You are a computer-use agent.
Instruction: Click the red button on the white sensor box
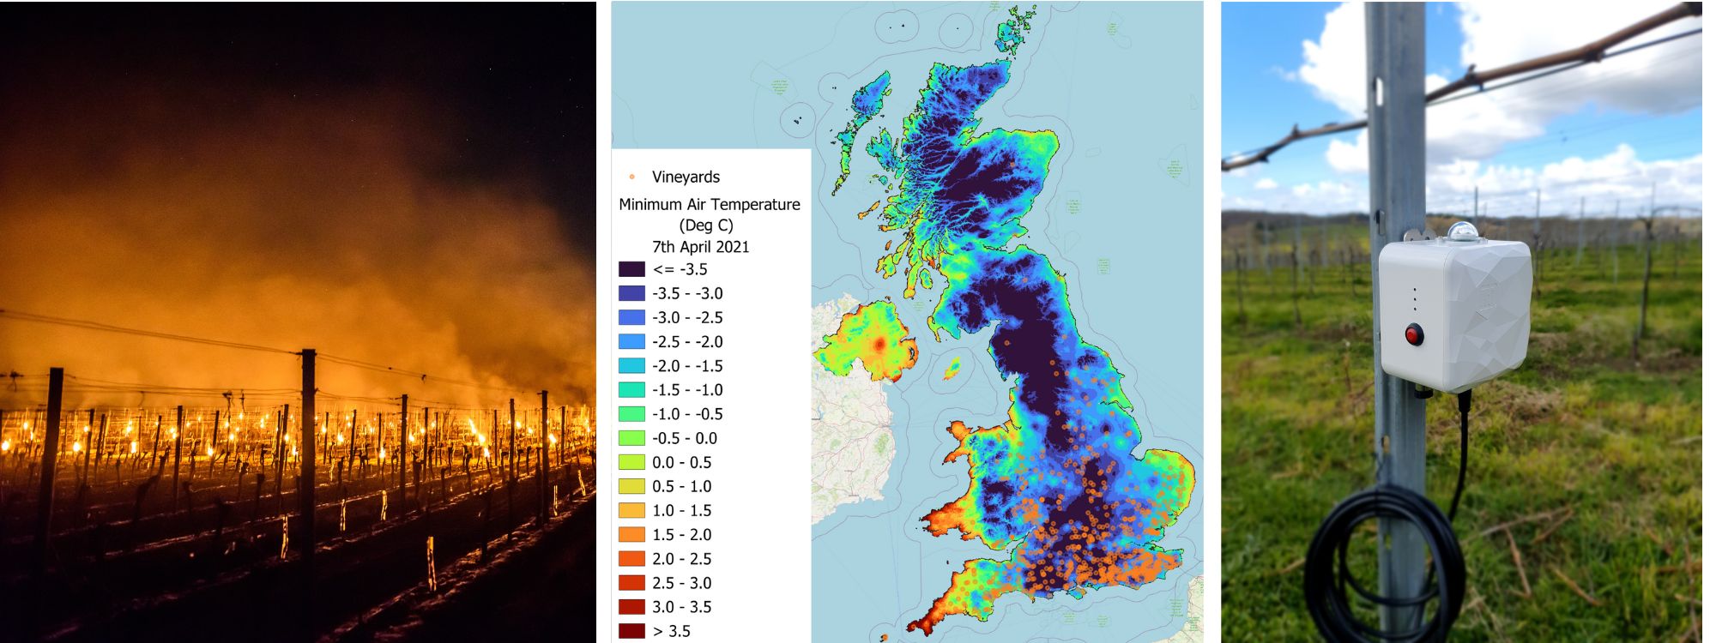click(1414, 334)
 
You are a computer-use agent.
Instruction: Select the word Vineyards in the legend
click(686, 177)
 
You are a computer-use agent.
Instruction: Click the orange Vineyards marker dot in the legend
click(632, 177)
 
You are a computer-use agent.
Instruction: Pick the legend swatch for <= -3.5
click(631, 269)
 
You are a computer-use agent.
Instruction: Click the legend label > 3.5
click(671, 631)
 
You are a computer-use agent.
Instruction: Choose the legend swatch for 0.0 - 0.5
click(631, 462)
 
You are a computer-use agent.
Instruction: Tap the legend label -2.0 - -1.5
click(687, 365)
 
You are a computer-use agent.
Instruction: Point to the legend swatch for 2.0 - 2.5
click(631, 559)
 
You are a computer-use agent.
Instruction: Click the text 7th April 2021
click(700, 247)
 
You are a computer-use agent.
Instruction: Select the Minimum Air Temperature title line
click(709, 204)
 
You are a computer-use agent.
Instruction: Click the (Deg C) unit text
click(705, 225)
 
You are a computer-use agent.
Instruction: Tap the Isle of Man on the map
click(952, 370)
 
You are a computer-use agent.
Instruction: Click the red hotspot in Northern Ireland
click(879, 345)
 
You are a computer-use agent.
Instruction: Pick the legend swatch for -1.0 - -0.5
click(631, 414)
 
